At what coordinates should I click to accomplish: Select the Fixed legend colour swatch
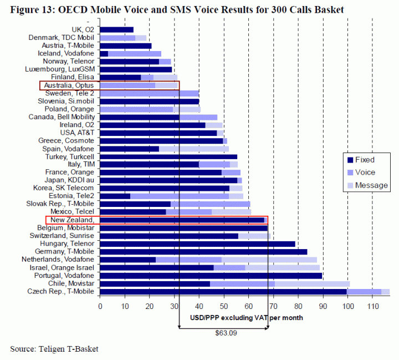[x=349, y=160]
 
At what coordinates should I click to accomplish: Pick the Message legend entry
[x=371, y=185]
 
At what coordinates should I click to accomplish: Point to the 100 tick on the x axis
[x=347, y=305]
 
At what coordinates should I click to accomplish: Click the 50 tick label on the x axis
[x=224, y=305]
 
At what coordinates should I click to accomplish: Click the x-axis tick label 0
[x=100, y=305]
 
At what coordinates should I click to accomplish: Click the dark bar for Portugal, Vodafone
[x=211, y=276]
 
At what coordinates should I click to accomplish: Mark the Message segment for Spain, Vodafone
[x=194, y=149]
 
